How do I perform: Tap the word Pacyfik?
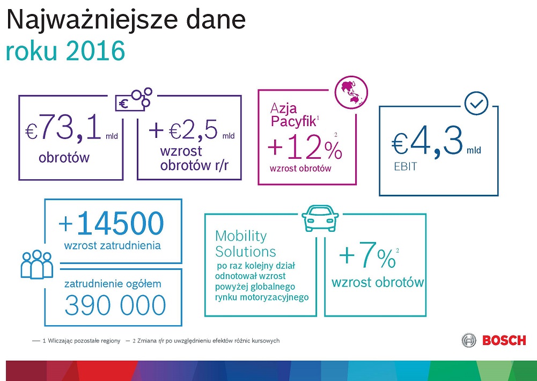292,121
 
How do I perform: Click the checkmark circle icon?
476,104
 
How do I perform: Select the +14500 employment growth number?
112,224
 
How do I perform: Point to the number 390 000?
115,305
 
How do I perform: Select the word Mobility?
241,236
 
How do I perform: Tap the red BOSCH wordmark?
504,340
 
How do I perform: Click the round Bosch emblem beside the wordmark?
469,340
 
